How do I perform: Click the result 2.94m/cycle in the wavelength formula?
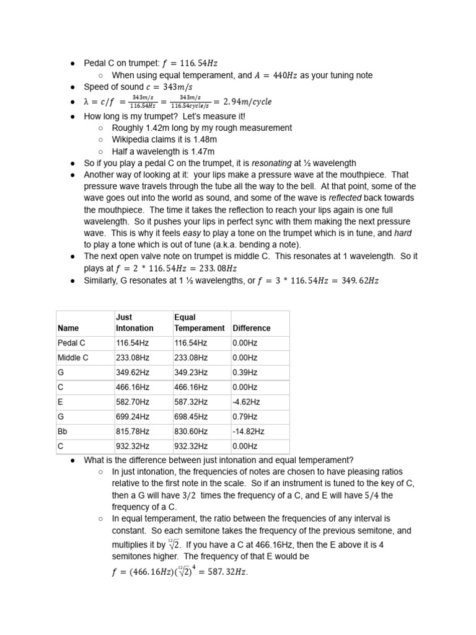pyautogui.click(x=242, y=102)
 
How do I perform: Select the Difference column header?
pyautogui.click(x=251, y=328)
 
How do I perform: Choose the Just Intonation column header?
pyautogui.click(x=134, y=322)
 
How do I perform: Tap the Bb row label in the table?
pyautogui.click(x=63, y=431)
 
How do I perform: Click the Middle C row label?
pyautogui.click(x=73, y=357)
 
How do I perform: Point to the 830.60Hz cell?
pyautogui.click(x=191, y=431)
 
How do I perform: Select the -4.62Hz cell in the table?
pyautogui.click(x=246, y=402)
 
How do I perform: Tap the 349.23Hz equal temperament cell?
pyautogui.click(x=191, y=372)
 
